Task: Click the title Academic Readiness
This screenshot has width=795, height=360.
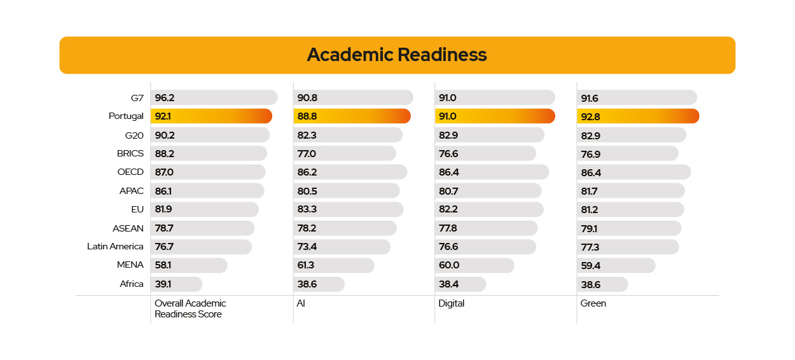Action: click(397, 55)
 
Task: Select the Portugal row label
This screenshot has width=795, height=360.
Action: click(126, 116)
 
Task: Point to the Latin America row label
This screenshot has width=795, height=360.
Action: click(115, 246)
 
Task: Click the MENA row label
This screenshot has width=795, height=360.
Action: click(130, 265)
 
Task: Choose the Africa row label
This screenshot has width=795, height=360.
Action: click(132, 284)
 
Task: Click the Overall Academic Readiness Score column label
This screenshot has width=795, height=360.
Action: click(190, 308)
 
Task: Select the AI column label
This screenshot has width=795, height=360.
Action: click(301, 303)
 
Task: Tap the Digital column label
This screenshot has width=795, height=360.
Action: click(452, 303)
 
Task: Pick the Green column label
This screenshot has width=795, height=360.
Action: click(593, 303)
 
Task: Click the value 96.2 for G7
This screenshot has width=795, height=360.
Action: click(165, 98)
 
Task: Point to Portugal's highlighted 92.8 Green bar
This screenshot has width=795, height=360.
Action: click(638, 116)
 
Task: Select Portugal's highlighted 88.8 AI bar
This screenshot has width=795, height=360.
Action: click(352, 116)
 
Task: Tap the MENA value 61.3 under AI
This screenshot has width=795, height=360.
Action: click(307, 265)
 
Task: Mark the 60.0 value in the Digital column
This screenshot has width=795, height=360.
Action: click(449, 265)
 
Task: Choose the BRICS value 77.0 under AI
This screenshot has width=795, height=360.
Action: click(307, 153)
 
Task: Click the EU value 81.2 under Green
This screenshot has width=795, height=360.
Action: click(590, 209)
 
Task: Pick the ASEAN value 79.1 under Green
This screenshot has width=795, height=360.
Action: click(590, 228)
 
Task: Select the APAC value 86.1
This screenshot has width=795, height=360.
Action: click(164, 191)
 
